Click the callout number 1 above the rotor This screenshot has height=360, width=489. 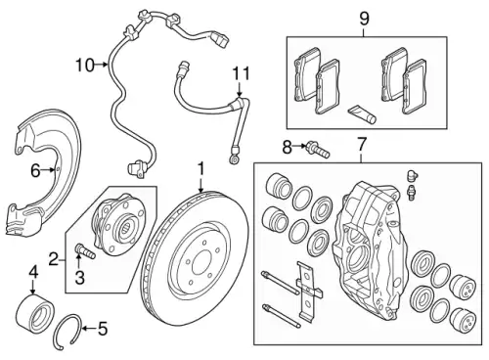201,169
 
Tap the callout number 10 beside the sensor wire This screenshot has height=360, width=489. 85,66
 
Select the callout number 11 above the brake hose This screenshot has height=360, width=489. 241,73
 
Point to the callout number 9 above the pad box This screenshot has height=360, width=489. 364,19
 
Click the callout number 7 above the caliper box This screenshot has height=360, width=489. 362,145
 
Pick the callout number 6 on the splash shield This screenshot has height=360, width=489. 35,170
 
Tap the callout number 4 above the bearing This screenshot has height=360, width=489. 33,273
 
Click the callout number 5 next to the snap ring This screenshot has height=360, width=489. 103,329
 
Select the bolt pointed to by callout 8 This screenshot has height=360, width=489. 318,150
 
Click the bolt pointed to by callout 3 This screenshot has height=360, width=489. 85,250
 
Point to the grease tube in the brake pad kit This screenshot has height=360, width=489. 362,114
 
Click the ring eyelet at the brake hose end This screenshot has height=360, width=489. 234,159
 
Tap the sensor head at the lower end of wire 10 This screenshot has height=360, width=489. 135,168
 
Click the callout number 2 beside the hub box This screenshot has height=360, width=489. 54,260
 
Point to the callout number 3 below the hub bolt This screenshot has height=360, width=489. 79,278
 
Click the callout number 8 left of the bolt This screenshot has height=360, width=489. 287,147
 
